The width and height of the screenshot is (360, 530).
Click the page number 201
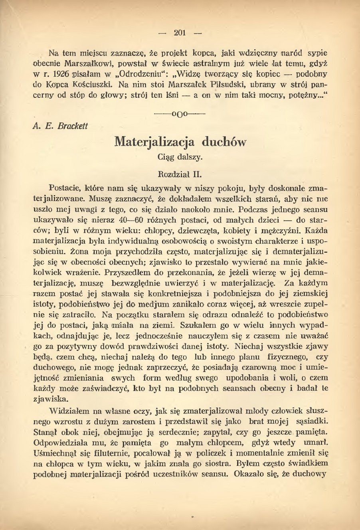pyautogui.click(x=180, y=33)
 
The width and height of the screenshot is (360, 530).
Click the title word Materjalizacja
pyautogui.click(x=154, y=142)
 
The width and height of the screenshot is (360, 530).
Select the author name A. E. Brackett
pyautogui.click(x=60, y=126)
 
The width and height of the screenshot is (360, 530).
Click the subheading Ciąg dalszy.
pyautogui.click(x=180, y=157)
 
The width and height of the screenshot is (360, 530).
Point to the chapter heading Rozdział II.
pyautogui.click(x=180, y=174)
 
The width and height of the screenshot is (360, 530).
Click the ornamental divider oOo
pyautogui.click(x=180, y=113)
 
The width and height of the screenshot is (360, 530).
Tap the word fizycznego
pyautogui.click(x=283, y=356)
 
